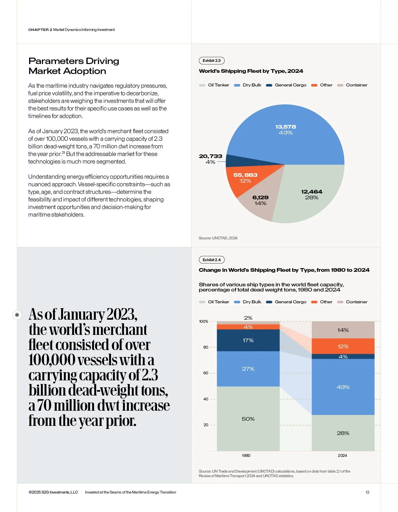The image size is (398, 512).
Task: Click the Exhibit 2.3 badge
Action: (212, 61)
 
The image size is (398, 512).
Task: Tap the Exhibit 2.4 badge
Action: (212, 260)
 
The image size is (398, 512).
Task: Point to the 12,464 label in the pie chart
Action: (312, 192)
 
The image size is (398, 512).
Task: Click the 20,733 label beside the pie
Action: (210, 156)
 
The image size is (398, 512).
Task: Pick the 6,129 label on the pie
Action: (260, 197)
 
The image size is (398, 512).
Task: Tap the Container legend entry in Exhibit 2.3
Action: (356, 85)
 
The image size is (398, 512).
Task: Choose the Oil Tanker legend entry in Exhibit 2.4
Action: (218, 302)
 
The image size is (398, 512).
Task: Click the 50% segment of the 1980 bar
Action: (248, 419)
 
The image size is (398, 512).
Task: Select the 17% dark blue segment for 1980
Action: (248, 340)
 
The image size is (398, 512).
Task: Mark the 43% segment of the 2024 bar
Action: (343, 387)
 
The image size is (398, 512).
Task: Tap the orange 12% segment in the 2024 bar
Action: (343, 346)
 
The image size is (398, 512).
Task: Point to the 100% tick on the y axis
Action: (203, 322)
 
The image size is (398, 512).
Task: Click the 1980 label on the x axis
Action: (246, 456)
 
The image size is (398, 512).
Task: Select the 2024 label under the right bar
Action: (342, 456)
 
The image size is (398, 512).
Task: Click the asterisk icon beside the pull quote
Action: (17, 315)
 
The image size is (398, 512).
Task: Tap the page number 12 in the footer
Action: (367, 492)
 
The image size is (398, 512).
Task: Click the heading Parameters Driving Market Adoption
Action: (74, 66)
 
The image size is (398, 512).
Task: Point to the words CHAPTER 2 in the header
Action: (40, 30)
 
